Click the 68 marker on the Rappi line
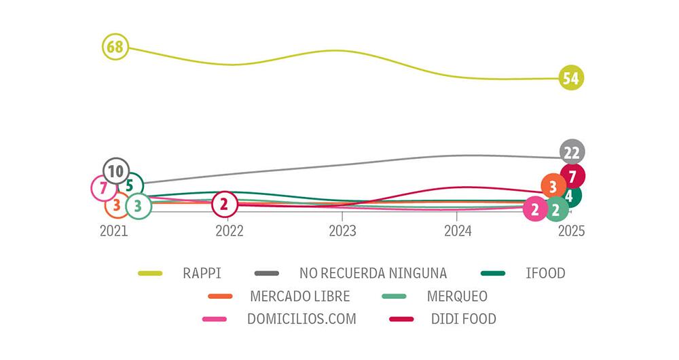[x=115, y=48]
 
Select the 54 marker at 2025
[x=571, y=78]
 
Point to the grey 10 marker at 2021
[x=115, y=170]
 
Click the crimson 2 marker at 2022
[x=225, y=203]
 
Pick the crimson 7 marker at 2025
[x=572, y=177]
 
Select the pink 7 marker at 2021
[x=103, y=188]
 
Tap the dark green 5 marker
[x=131, y=185]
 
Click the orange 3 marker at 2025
[x=553, y=185]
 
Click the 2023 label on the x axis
[x=342, y=231]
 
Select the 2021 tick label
[x=114, y=231]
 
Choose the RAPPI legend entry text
[x=202, y=274]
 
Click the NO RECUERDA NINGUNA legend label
[x=373, y=274]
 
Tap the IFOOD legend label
[x=545, y=274]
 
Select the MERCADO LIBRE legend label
[x=299, y=296]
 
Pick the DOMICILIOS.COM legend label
[x=301, y=319]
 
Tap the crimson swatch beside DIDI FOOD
[x=401, y=319]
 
